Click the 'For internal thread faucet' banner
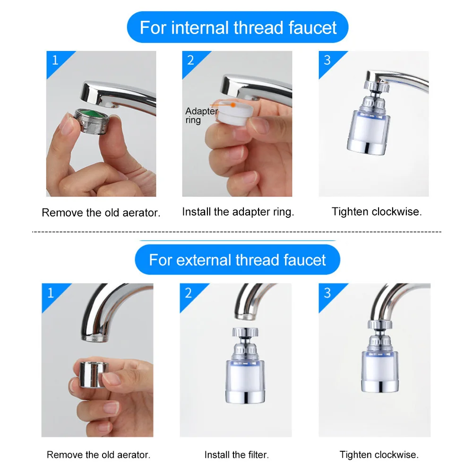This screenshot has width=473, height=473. point(238,27)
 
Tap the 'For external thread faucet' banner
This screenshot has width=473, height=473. point(238,260)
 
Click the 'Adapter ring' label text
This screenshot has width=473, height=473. point(201,116)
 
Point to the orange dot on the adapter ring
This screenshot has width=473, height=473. point(232,105)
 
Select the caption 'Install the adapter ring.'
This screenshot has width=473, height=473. point(238,212)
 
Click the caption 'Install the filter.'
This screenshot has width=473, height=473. point(237,455)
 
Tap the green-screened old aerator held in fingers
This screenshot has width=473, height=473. point(90,121)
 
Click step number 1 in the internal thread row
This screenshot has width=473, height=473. point(55,60)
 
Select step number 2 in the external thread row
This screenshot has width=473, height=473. point(189,293)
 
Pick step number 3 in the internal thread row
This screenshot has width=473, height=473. point(327,60)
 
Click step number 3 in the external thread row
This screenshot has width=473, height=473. point(327,293)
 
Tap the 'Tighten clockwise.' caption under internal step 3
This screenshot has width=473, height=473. point(377,212)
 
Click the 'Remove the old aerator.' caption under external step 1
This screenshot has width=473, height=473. point(98,455)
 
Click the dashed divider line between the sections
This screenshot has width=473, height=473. point(236,232)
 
